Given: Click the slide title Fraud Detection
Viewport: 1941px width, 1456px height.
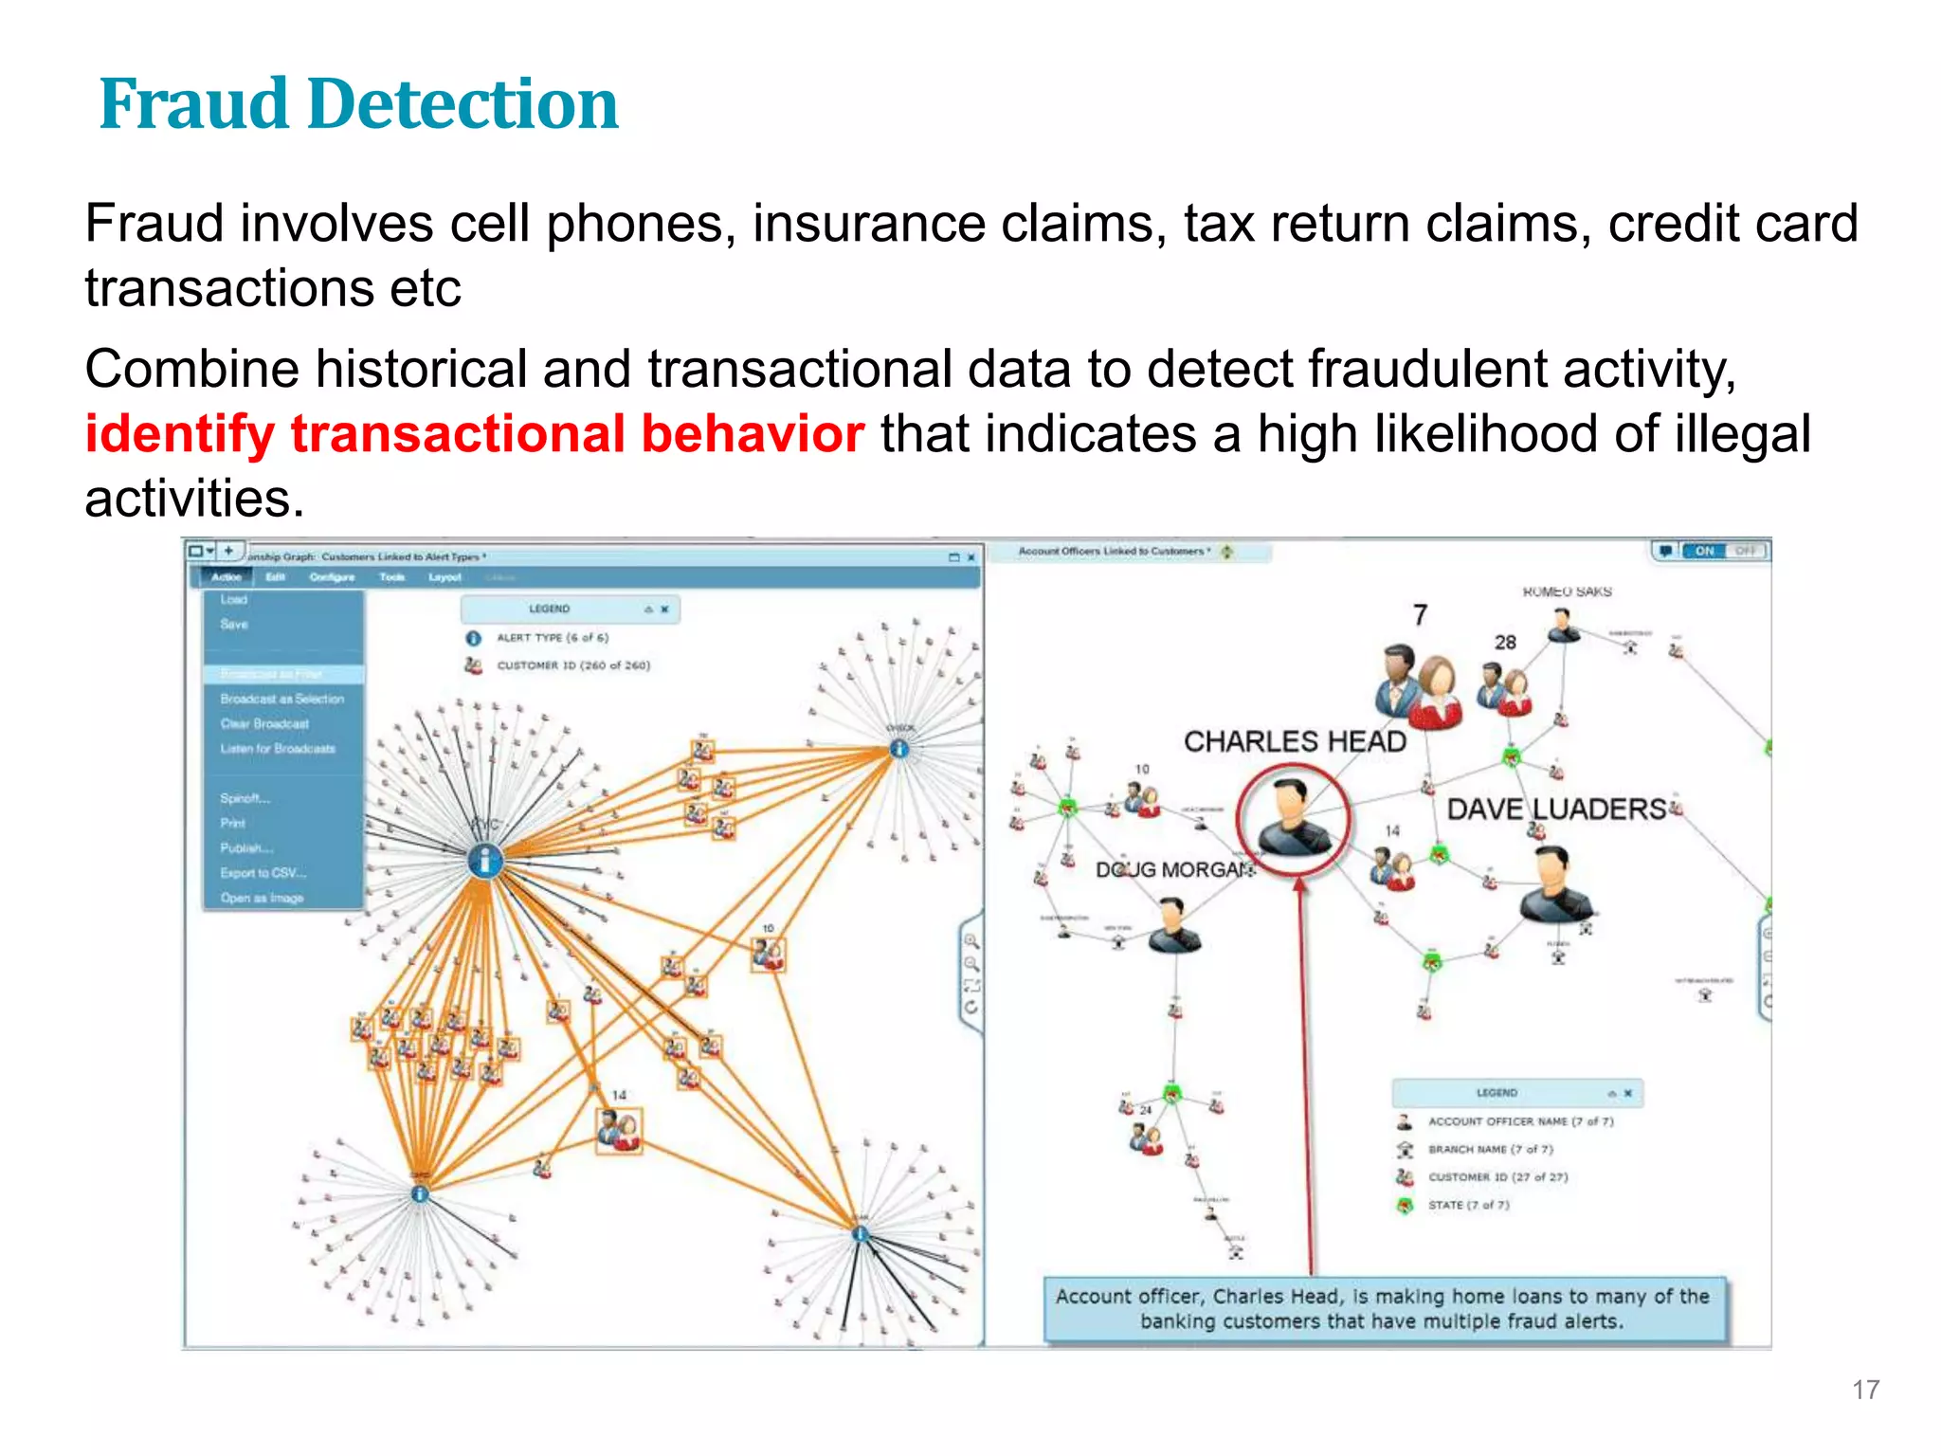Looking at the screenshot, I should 358,103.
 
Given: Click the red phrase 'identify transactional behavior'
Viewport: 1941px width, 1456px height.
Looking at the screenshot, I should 474,434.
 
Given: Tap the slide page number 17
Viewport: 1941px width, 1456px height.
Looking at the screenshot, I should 1865,1390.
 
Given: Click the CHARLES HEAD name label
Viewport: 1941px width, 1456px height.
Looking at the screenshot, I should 1295,741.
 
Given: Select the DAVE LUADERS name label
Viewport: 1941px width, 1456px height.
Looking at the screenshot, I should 1556,809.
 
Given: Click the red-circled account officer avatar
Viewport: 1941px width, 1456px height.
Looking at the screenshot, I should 1292,817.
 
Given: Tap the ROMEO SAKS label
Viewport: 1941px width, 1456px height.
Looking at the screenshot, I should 1567,591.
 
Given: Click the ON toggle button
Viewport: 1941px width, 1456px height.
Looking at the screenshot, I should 1704,551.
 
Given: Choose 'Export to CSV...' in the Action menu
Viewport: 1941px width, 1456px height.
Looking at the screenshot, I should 263,873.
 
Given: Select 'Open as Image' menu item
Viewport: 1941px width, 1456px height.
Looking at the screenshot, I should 262,898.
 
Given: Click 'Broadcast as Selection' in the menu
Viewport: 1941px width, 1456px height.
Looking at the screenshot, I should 281,699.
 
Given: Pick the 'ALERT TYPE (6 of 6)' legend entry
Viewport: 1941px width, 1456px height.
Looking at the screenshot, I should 553,638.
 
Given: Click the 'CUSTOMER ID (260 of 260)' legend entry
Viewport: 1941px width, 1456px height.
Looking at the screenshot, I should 573,665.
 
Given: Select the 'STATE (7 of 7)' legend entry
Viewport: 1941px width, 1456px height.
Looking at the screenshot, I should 1468,1205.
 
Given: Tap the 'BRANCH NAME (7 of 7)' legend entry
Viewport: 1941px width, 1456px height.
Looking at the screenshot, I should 1490,1149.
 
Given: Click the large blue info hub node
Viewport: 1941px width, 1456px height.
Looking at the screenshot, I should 485,861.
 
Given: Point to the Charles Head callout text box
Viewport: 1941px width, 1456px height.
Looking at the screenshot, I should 1382,1308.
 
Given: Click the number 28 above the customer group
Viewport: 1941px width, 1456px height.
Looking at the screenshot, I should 1505,643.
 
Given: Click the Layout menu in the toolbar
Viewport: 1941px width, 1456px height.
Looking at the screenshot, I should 444,577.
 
